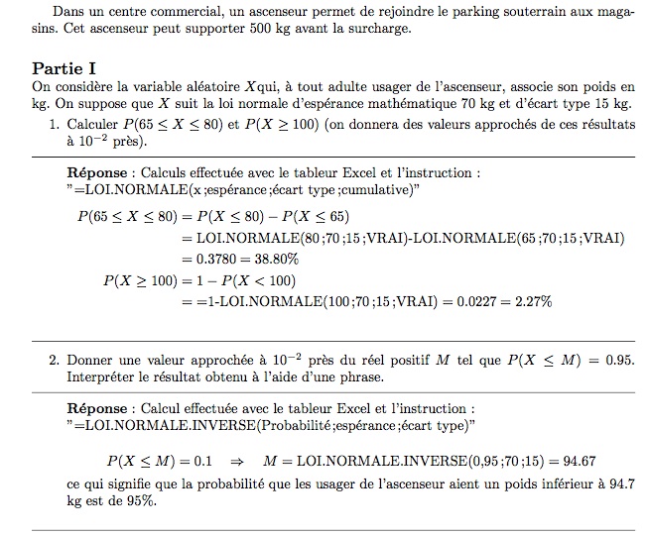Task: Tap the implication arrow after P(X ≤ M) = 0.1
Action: tap(236, 460)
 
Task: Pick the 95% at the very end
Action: tap(142, 500)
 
